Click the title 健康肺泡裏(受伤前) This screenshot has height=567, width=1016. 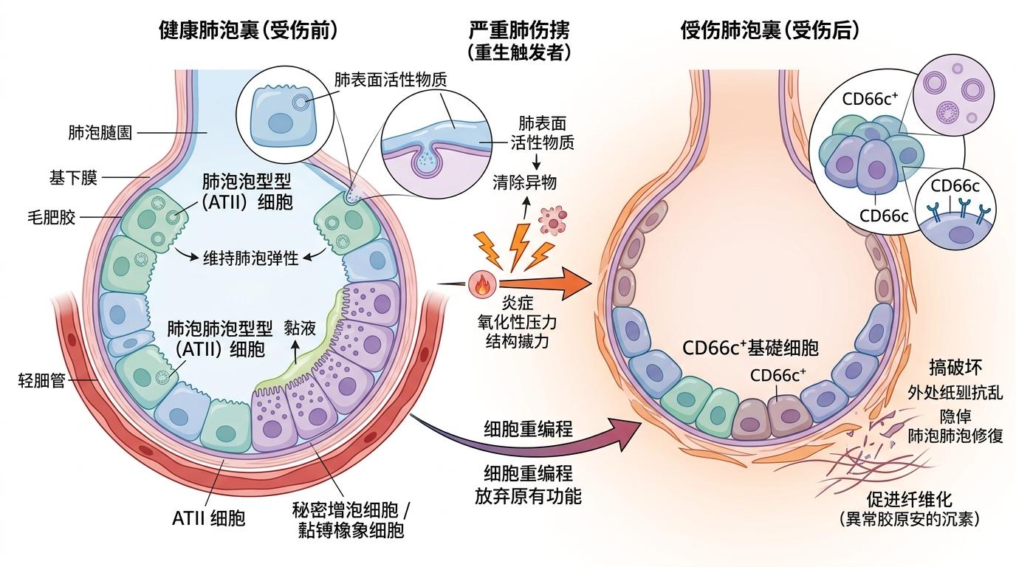tap(248, 30)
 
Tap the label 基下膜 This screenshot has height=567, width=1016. tap(74, 178)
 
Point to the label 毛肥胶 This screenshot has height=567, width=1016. tap(52, 218)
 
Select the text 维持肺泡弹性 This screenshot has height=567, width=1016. tap(250, 258)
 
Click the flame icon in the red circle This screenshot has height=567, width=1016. tap(480, 284)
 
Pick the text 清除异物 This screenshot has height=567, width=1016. tap(525, 183)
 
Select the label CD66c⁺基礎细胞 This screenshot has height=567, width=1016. tap(750, 348)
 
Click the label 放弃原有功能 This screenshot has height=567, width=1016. tap(528, 495)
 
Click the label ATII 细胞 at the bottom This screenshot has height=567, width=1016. tap(208, 518)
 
